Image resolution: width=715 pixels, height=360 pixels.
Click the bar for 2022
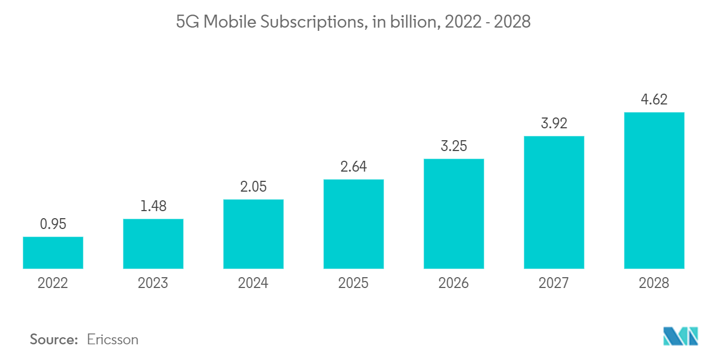coord(53,253)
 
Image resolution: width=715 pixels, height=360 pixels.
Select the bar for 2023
coord(153,244)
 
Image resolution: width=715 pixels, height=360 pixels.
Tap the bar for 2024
coord(253,234)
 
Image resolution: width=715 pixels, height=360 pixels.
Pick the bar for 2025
coord(353,224)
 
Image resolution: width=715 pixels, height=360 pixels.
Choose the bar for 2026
coord(453,214)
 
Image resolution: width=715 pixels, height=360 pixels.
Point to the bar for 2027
coord(554,202)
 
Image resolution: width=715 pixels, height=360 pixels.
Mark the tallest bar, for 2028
coord(654,191)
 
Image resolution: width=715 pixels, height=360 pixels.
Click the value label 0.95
coord(53,224)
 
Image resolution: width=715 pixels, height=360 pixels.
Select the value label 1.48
coord(153,206)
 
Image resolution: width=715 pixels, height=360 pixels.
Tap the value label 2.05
coord(253,187)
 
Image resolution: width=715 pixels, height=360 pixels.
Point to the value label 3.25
coord(453,146)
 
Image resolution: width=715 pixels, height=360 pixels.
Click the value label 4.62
coord(654,100)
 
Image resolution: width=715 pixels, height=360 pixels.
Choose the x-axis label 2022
coord(53,283)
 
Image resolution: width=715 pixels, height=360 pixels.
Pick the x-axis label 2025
coord(353,283)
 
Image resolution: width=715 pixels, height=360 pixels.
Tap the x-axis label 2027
coord(554,283)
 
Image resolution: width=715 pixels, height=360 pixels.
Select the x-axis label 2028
coord(654,283)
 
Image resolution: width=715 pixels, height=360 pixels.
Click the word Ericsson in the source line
coord(113,339)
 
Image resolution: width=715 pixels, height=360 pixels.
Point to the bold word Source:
coord(54,339)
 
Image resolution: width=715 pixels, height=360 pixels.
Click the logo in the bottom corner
coord(680,336)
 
